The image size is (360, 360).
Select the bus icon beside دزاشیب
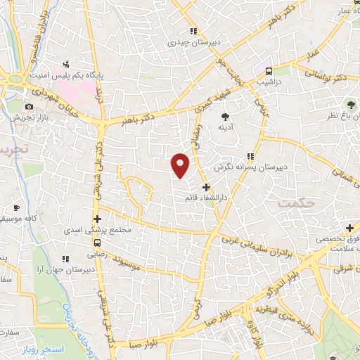[269, 71]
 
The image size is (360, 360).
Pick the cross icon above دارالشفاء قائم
[205, 187]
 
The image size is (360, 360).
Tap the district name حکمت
[293, 202]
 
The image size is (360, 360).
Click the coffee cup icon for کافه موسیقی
[17, 208]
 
